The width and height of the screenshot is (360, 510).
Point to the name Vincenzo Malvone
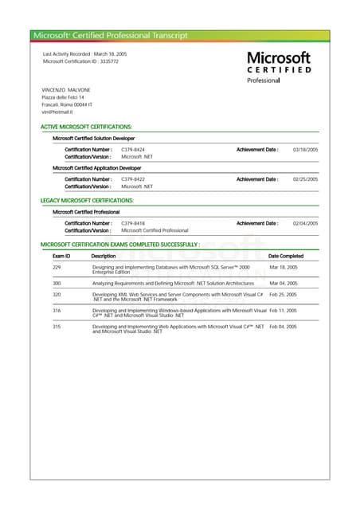click(x=66, y=89)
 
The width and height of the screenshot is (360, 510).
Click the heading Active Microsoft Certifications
click(x=86, y=127)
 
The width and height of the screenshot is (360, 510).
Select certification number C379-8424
click(x=133, y=149)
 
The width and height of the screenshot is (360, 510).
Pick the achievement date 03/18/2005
click(x=305, y=149)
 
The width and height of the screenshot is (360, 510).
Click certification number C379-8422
click(x=133, y=179)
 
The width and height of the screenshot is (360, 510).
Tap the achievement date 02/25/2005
click(x=305, y=179)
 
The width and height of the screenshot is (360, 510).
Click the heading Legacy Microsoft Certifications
click(x=87, y=200)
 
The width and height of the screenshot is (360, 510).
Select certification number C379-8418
click(x=133, y=223)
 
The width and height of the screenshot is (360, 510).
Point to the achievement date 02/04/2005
click(x=305, y=223)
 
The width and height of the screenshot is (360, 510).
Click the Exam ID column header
click(x=61, y=256)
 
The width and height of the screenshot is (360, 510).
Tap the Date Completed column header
click(x=286, y=256)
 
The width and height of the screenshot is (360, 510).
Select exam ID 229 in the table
click(x=57, y=268)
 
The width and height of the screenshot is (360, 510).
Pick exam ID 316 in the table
click(x=57, y=311)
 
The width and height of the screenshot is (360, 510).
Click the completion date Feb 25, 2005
click(x=283, y=294)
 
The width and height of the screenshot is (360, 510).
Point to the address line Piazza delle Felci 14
click(x=63, y=97)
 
